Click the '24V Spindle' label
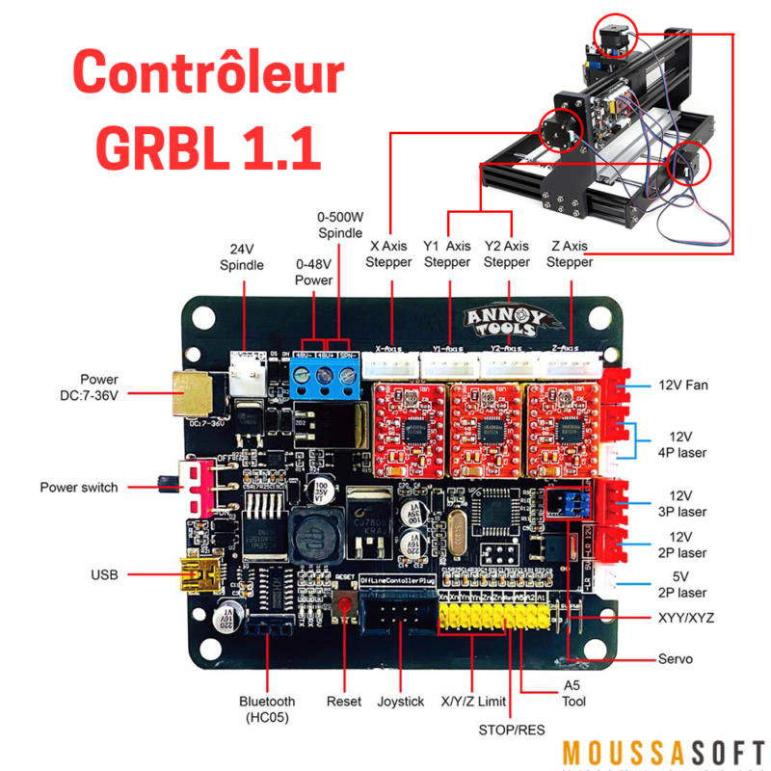(x=241, y=255)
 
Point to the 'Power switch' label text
(x=79, y=488)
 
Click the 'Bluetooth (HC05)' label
(x=267, y=709)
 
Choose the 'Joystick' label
(x=400, y=702)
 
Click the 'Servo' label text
(x=678, y=659)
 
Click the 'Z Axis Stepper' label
(x=569, y=253)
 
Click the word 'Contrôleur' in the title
(x=209, y=73)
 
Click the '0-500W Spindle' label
(x=340, y=224)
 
